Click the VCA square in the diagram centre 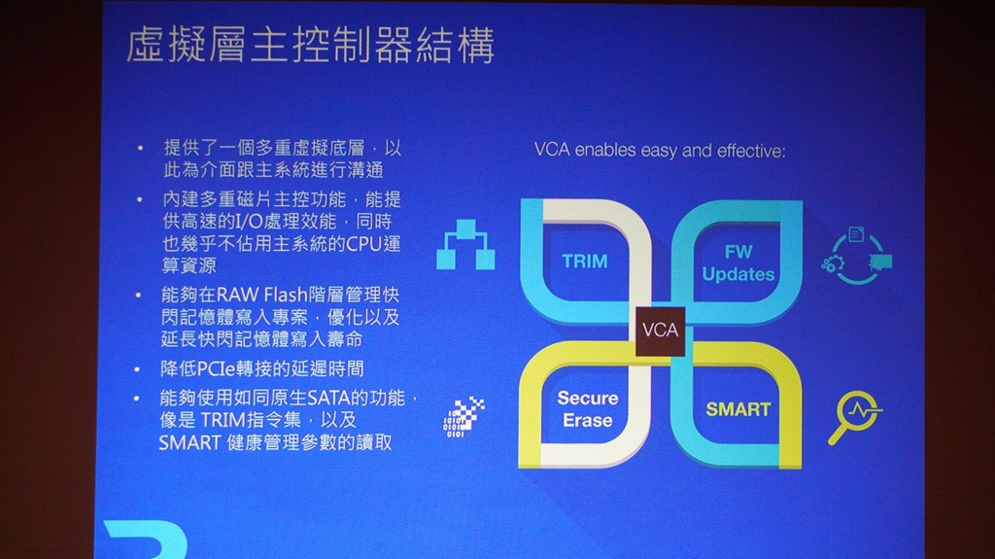660,331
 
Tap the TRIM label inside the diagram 585,262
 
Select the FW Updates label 738,263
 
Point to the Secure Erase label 588,409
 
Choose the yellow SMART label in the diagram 738,409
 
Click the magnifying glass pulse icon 854,417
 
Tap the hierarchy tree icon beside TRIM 465,245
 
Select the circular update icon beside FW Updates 857,256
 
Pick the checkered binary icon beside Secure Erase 463,417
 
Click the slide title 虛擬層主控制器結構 310,45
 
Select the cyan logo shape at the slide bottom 148,540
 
